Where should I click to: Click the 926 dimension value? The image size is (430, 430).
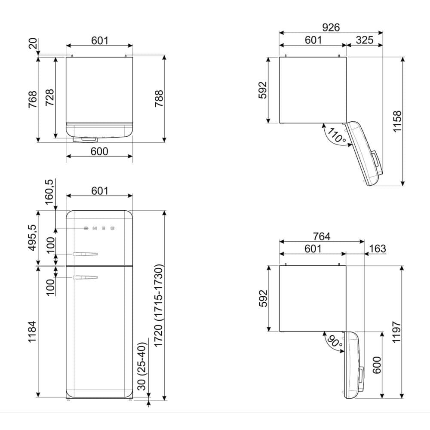coord(331,28)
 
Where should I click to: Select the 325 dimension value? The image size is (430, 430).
coord(365,40)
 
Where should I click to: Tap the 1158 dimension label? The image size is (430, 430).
coord(397,122)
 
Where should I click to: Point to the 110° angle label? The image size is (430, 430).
coord(337,135)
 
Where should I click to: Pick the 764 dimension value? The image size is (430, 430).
coord(322,236)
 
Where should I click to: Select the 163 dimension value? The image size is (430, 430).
coord(378,249)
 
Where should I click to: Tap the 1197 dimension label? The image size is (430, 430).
coord(397,332)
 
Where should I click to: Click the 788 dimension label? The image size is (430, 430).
coord(159,98)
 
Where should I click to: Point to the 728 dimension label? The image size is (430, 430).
coord(49,97)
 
